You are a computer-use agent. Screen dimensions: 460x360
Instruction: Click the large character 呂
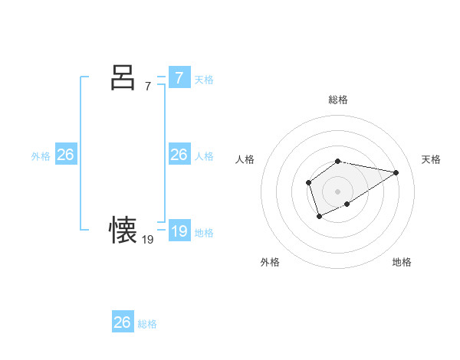(123, 77)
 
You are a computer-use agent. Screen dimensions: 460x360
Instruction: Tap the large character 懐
(123, 229)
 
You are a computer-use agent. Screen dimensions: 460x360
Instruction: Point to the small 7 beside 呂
(148, 87)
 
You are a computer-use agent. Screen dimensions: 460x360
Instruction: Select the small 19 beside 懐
(148, 239)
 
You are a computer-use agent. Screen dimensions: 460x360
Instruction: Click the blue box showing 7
(179, 78)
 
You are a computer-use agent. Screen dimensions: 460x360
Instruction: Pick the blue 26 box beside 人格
(179, 155)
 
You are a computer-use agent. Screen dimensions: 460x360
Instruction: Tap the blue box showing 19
(179, 231)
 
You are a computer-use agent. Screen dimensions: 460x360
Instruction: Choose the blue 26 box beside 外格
(65, 155)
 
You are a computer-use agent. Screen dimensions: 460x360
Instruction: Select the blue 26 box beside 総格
(123, 322)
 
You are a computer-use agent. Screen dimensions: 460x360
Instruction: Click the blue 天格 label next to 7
(204, 80)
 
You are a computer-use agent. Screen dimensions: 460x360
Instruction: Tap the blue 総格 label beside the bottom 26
(147, 324)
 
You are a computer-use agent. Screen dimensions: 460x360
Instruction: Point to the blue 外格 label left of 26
(41, 156)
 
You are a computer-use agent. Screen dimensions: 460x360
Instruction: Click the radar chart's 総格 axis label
(338, 100)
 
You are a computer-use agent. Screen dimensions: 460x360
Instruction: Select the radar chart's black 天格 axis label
(431, 159)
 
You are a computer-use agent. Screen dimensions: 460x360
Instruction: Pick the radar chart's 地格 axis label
(402, 262)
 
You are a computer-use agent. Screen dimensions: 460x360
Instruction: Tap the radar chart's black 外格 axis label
(270, 262)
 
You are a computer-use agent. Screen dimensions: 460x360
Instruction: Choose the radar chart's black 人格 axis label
(245, 159)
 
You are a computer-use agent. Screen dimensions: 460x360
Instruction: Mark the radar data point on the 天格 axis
(396, 172)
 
